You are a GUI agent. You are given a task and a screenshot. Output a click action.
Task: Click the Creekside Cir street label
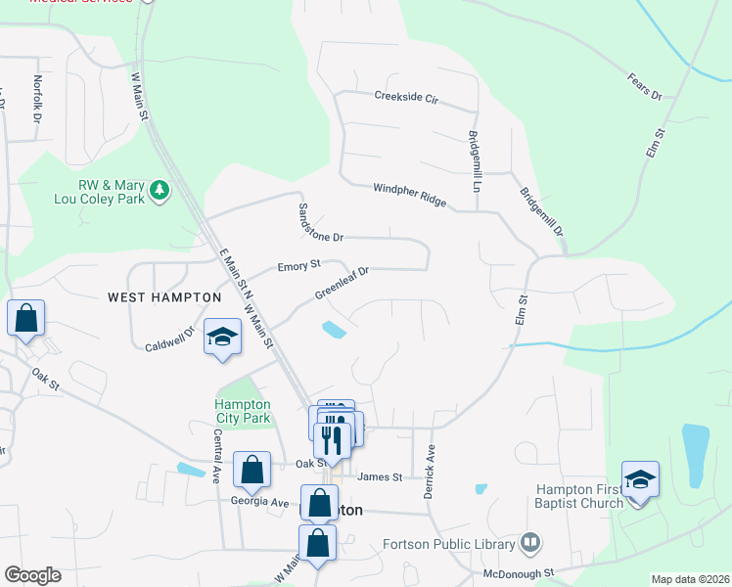406,96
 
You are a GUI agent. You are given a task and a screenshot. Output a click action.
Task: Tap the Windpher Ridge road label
409,196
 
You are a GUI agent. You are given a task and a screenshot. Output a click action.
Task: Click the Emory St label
299,265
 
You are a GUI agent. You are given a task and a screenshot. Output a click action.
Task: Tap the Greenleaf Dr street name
341,283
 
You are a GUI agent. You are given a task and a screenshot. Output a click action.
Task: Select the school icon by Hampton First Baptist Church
640,478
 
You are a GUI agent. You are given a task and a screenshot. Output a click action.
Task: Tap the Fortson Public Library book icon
530,540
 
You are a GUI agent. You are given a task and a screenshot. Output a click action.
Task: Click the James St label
380,476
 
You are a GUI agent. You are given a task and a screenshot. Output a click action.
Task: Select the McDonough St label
519,572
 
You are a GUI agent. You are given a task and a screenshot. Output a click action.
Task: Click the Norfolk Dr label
37,99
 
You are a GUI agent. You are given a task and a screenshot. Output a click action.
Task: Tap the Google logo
32,574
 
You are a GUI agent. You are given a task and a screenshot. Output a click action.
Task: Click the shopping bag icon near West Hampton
25,319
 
